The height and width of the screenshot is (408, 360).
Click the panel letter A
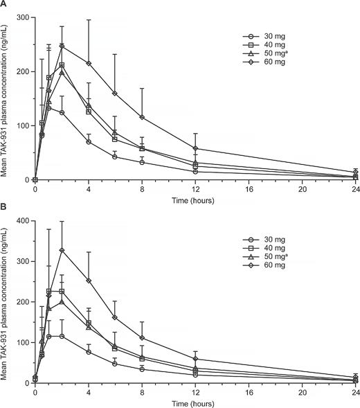[4, 5]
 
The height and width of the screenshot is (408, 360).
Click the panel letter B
[4, 208]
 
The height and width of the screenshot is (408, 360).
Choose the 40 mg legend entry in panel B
[253, 247]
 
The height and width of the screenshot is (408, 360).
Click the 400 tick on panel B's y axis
[23, 221]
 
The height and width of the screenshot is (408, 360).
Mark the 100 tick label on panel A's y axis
[23, 125]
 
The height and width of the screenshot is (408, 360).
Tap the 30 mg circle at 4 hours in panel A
[89, 142]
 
